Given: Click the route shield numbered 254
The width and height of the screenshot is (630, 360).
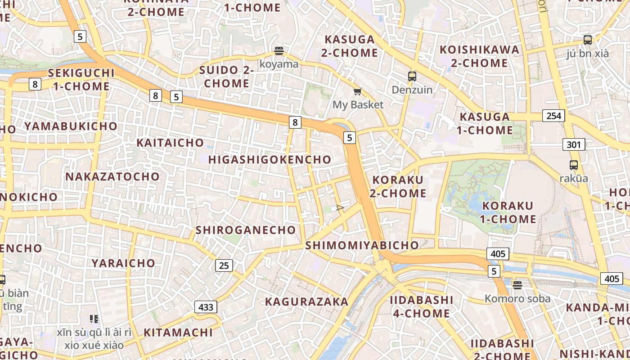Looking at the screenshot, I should click(553, 116).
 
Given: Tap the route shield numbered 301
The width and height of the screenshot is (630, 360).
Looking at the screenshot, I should click(573, 145).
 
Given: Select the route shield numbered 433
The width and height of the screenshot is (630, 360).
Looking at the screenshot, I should click(206, 307).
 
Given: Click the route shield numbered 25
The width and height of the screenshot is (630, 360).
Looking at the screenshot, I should click(224, 265).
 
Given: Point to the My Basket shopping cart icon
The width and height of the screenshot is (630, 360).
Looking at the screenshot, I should click(357, 92).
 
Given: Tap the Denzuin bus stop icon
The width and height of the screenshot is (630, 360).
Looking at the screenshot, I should click(412, 76).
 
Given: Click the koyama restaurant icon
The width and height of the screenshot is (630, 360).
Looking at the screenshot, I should click(279, 50).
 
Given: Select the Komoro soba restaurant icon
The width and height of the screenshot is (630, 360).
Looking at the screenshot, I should click(517, 285).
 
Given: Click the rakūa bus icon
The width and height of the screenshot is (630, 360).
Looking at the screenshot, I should click(573, 165).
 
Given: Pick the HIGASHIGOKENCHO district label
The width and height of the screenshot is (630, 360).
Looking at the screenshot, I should click(270, 159).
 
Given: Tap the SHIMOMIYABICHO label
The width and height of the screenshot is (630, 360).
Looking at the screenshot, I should click(362, 245).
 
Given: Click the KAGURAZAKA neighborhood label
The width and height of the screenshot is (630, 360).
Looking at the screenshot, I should click(306, 301).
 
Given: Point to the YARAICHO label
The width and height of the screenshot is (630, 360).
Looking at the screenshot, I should click(123, 263).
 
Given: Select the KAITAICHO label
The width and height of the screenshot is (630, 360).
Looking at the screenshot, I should click(170, 143).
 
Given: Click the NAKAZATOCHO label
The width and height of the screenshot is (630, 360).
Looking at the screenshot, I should click(112, 176).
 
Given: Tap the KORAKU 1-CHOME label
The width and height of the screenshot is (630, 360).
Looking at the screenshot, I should click(508, 212).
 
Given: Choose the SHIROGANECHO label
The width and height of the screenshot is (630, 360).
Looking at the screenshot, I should click(246, 230).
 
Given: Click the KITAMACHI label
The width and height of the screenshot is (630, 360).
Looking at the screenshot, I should click(178, 333).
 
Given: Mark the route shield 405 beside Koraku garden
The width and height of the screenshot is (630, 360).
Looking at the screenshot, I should click(498, 254).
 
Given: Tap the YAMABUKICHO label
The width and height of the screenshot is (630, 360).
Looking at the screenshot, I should click(71, 126).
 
